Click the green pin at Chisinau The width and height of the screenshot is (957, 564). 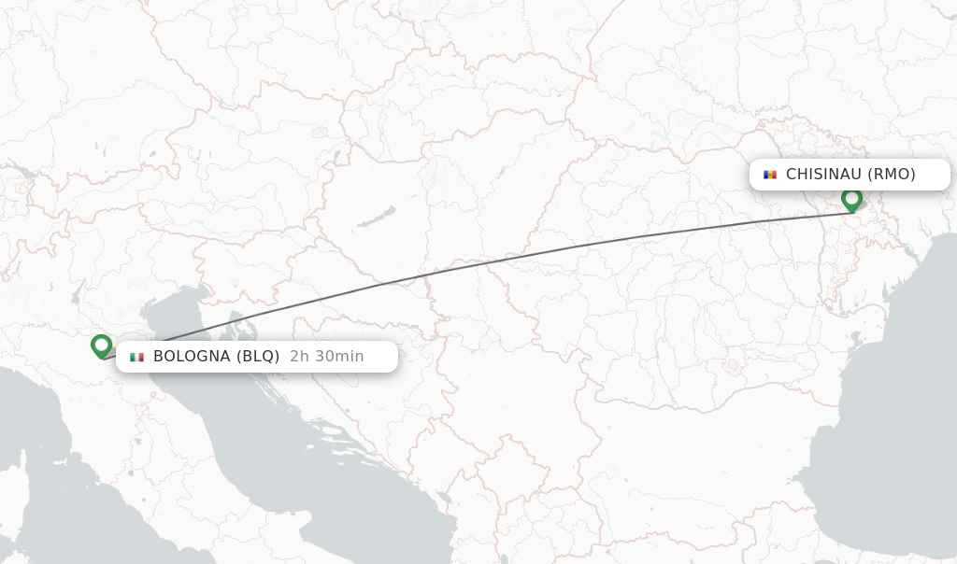point(851,199)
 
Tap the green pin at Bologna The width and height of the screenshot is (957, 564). point(102,345)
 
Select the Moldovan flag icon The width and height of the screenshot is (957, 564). point(770,175)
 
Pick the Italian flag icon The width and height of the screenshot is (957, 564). point(136,357)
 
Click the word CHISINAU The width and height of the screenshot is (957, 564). point(823,175)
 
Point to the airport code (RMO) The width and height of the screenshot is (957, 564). point(892,175)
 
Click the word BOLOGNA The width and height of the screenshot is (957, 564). point(192,357)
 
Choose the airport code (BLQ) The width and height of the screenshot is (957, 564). point(258,357)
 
